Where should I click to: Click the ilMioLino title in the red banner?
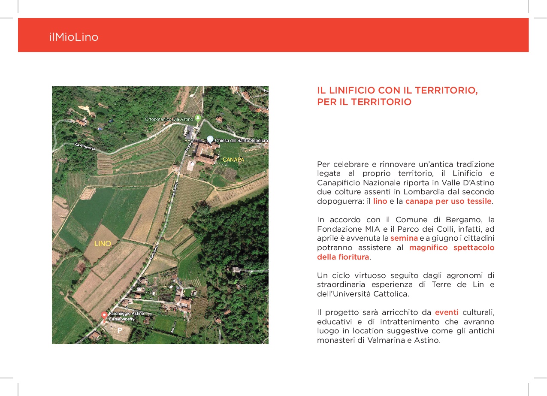point(73,37)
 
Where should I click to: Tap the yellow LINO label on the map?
point(103,244)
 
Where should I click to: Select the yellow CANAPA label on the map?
point(233,160)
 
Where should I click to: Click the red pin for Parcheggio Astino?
point(104,315)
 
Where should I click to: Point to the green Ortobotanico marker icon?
point(198,118)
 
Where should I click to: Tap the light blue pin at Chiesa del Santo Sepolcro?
point(210,139)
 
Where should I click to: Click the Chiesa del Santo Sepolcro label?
point(241,141)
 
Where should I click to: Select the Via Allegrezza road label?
point(84,147)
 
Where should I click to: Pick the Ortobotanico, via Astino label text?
point(169,119)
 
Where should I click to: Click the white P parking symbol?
point(120,330)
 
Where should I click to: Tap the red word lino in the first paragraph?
point(380,201)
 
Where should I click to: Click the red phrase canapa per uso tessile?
point(448,201)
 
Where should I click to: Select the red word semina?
point(404,238)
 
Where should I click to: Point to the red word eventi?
point(447,312)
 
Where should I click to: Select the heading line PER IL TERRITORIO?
point(364,102)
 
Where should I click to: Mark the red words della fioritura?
point(343,257)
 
